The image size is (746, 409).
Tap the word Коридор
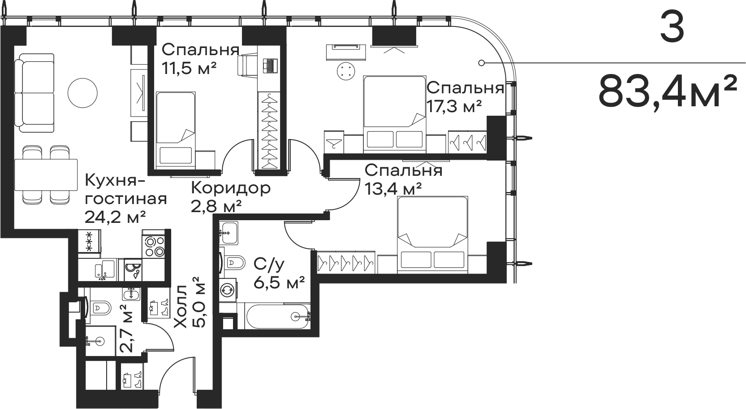pyautogui.click(x=231, y=188)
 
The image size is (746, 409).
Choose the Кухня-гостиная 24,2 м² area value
pyautogui.click(x=115, y=218)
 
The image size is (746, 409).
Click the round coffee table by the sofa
pyautogui.click(x=82, y=93)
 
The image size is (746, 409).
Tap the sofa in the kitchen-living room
pyautogui.click(x=34, y=93)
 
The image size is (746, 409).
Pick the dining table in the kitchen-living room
pyautogui.click(x=46, y=174)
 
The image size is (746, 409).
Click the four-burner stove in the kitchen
pyautogui.click(x=154, y=247)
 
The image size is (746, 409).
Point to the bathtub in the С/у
pyautogui.click(x=278, y=316)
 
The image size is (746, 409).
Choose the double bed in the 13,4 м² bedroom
pyautogui.click(x=433, y=234)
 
